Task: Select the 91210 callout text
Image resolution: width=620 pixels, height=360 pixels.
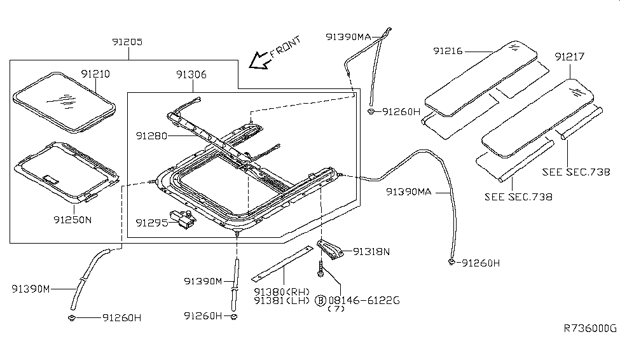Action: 95,74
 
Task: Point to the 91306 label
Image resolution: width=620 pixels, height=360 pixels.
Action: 191,74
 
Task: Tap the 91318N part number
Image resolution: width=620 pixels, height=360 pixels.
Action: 371,251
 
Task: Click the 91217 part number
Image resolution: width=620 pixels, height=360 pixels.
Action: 570,57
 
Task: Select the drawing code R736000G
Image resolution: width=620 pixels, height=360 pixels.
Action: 590,328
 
